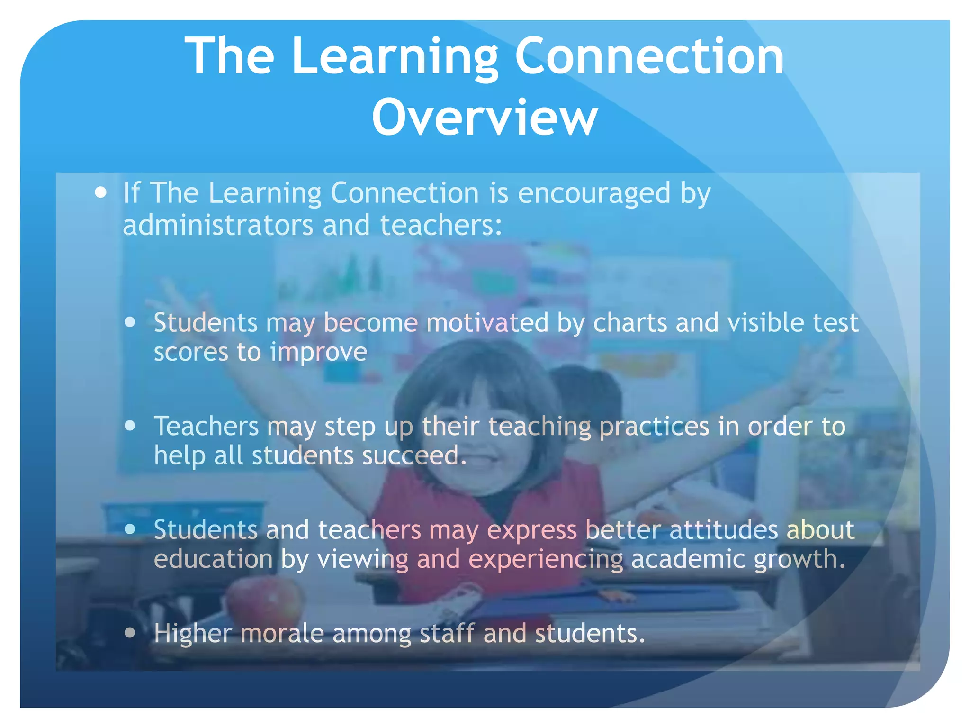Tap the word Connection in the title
pos(649,56)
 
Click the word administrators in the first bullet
pos(217,225)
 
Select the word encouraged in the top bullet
pos(594,193)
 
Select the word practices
pos(654,426)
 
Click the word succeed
pos(414,455)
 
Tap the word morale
pos(282,633)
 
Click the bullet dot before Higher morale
pos(130,633)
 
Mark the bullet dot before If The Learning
pos(100,192)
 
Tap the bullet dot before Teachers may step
pos(130,426)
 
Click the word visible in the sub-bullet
pos(765,323)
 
